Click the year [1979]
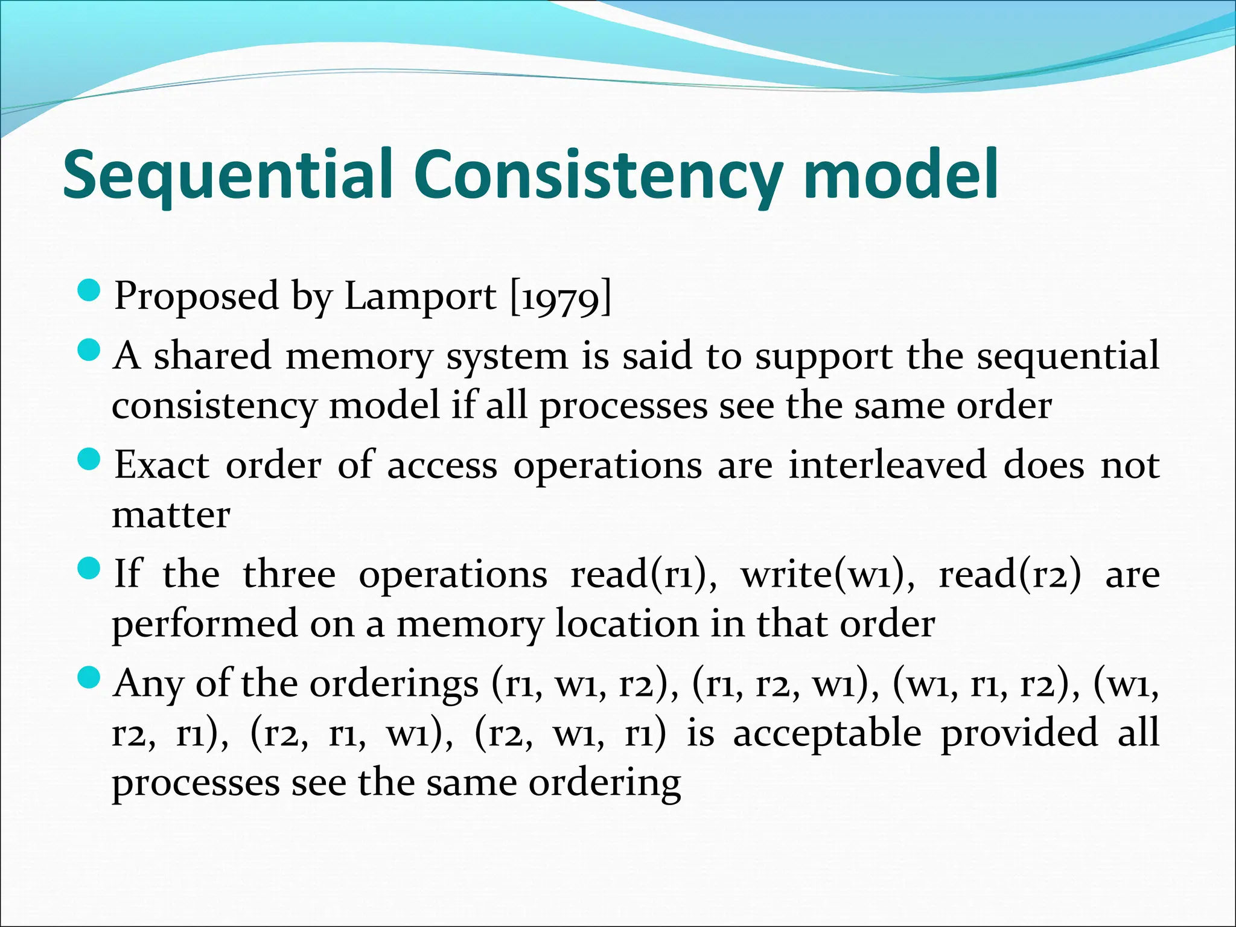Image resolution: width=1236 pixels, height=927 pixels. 561,296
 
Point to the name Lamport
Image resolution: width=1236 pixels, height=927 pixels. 420,296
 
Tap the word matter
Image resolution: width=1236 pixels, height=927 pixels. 171,516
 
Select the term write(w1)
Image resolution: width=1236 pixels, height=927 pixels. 827,575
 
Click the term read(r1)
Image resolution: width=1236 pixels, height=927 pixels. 643,575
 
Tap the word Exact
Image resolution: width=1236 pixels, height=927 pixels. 162,465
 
